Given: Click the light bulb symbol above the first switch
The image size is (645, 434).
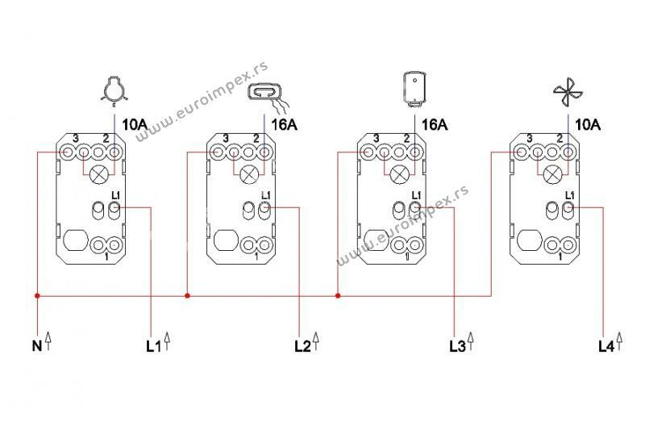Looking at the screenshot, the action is pyautogui.click(x=113, y=91).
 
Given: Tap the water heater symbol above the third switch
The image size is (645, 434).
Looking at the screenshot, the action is pyautogui.click(x=414, y=90).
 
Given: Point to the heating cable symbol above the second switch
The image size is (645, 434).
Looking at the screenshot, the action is pyautogui.click(x=267, y=95).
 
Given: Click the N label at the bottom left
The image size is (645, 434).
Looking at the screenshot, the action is pyautogui.click(x=37, y=346).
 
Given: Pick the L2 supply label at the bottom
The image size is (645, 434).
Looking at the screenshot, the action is pyautogui.click(x=303, y=347).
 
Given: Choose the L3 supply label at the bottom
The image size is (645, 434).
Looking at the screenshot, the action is pyautogui.click(x=457, y=347).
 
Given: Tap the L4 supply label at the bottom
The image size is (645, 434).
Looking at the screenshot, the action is pyautogui.click(x=606, y=347).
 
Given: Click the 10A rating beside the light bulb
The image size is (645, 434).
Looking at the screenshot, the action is pyautogui.click(x=135, y=124).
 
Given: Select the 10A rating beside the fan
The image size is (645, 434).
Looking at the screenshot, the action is pyautogui.click(x=588, y=124).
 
